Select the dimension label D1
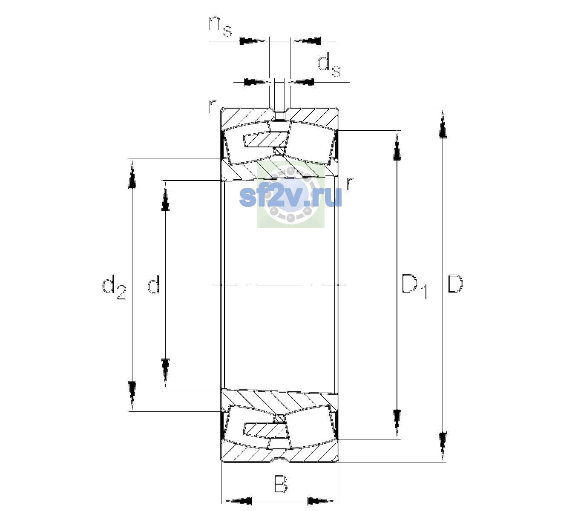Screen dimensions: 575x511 pos(414,286)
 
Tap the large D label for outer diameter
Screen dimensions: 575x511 pos(455,284)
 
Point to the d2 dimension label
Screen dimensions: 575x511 pos(114,287)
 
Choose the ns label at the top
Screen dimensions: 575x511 pos(221,26)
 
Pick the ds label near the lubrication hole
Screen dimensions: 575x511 pos(329,67)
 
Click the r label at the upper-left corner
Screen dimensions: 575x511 pos(212,107)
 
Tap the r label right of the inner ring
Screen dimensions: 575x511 pos(350,184)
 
